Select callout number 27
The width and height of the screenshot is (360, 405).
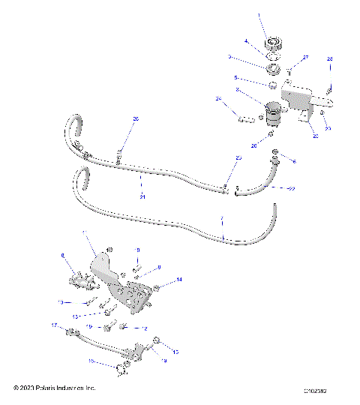pos(305,58)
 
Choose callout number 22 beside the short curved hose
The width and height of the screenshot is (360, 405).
pos(292,188)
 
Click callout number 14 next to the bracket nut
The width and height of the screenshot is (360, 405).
pos(179,280)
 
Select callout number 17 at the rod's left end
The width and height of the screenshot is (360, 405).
pos(55,325)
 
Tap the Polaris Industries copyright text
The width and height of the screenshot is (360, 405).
pos(55,388)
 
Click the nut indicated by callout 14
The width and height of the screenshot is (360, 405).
pos(157,286)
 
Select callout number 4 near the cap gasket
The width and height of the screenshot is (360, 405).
pos(245,41)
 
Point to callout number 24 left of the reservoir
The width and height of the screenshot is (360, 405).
pos(219,98)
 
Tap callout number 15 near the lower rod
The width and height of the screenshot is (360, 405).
pos(176,351)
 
